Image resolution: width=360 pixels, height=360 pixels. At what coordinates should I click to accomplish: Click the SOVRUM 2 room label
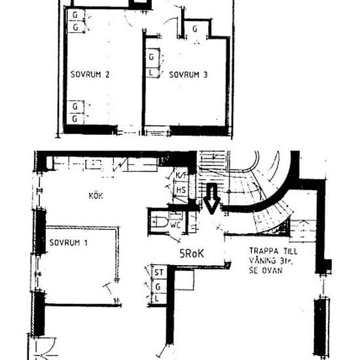pos(89,75)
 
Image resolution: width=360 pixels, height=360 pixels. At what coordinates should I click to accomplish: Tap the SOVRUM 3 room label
pos(189,75)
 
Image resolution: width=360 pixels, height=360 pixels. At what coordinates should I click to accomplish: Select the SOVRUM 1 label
pos(68,243)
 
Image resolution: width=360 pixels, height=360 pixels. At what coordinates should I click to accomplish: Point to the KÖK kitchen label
pos(96,194)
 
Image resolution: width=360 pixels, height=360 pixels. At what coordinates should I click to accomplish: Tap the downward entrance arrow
pos(211,199)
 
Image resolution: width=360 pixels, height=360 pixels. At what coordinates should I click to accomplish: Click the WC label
pos(175,225)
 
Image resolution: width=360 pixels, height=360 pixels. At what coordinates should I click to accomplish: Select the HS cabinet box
pos(181,190)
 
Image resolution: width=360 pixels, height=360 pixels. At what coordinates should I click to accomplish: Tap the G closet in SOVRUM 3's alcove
pos(195,29)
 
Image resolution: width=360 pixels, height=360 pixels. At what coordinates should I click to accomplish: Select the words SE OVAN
pos(268,270)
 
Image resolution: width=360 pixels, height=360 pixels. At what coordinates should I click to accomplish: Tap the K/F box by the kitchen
pos(181,176)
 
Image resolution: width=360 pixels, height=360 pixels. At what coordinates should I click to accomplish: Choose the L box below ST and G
pos(158,298)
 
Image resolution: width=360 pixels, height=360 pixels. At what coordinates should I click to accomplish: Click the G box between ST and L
pos(158,285)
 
